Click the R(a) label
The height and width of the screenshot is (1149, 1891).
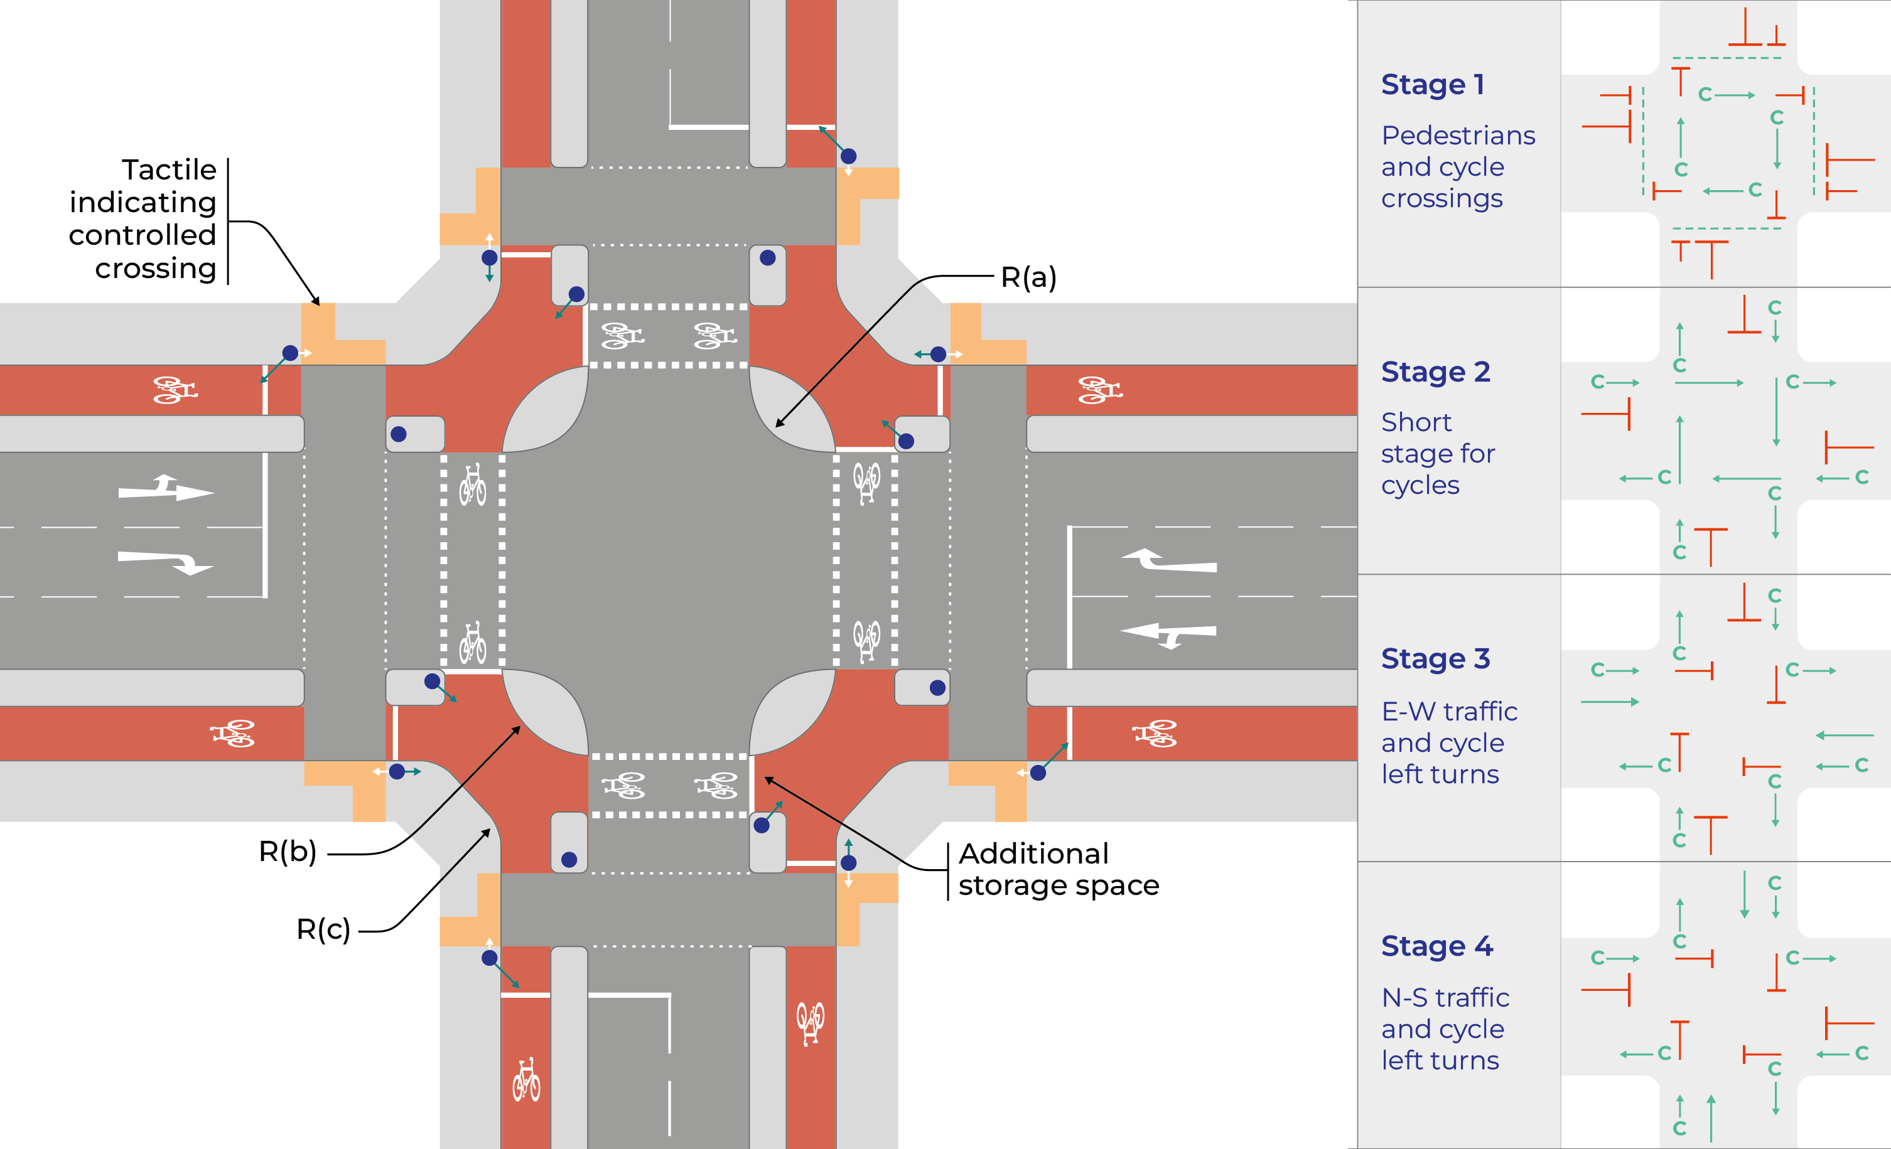(x=1028, y=277)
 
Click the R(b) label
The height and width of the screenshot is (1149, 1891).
(x=287, y=852)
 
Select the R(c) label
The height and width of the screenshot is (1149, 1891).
(x=323, y=929)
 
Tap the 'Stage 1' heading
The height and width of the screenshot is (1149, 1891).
(x=1432, y=84)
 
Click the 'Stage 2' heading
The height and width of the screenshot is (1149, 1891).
(x=1435, y=372)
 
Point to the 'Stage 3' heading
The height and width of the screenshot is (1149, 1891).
(x=1435, y=659)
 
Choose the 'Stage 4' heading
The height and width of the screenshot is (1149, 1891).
(x=1436, y=946)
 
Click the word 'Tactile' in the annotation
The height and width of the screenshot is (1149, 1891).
(x=169, y=169)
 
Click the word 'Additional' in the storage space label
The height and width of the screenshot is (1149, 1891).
(x=1033, y=853)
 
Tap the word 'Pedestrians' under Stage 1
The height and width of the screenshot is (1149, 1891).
(x=1457, y=136)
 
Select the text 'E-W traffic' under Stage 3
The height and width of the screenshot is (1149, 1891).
(x=1449, y=712)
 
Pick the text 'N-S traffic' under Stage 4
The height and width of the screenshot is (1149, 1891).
(x=1445, y=998)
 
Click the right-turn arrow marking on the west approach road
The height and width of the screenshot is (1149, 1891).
(x=165, y=562)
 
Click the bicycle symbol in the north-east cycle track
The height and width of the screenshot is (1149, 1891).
(x=1100, y=390)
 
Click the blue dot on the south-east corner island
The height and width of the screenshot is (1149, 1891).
(x=937, y=688)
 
